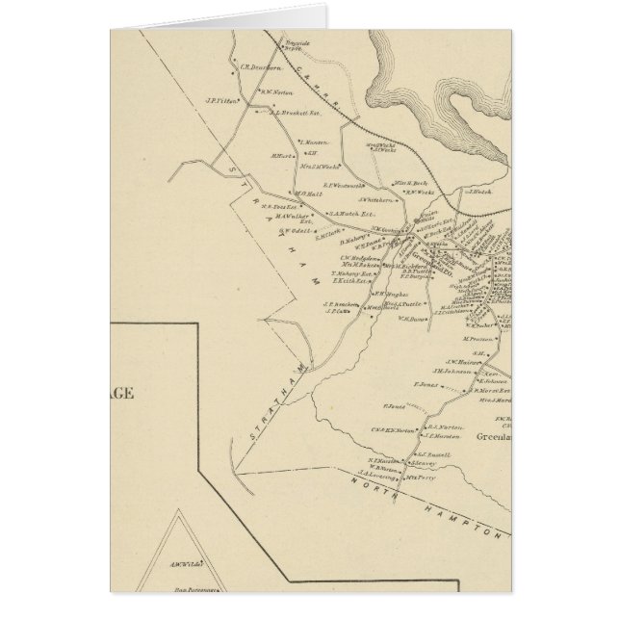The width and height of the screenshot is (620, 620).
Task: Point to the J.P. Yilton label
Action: [x=220, y=99]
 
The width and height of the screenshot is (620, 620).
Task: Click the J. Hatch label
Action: [x=480, y=193]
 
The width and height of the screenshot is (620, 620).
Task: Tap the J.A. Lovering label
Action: [x=378, y=473]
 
